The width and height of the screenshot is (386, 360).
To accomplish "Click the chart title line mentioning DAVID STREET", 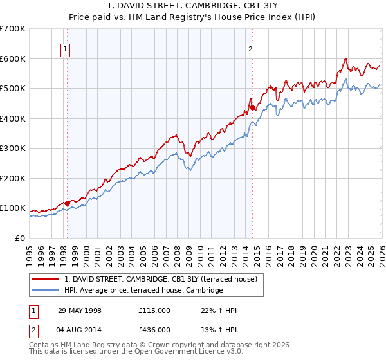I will (193, 5).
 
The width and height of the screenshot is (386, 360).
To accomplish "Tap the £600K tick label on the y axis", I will (13, 59).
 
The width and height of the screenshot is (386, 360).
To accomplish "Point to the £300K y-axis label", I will (13, 148).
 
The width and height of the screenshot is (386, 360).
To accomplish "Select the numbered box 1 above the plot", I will (66, 49).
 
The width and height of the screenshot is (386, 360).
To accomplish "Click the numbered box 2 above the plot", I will (250, 49).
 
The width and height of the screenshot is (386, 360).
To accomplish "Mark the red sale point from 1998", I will (68, 203).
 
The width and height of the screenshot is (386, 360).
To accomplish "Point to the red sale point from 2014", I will (252, 107).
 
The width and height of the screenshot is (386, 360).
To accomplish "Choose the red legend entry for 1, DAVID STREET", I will (160, 279).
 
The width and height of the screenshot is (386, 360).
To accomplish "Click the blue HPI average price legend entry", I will (143, 291).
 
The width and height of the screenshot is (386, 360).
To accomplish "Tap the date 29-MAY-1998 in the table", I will (79, 310).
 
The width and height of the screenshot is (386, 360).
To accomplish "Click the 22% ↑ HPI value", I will (219, 310).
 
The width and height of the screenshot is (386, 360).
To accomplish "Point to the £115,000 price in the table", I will (154, 310).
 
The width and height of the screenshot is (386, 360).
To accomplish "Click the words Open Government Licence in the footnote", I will (192, 352).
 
